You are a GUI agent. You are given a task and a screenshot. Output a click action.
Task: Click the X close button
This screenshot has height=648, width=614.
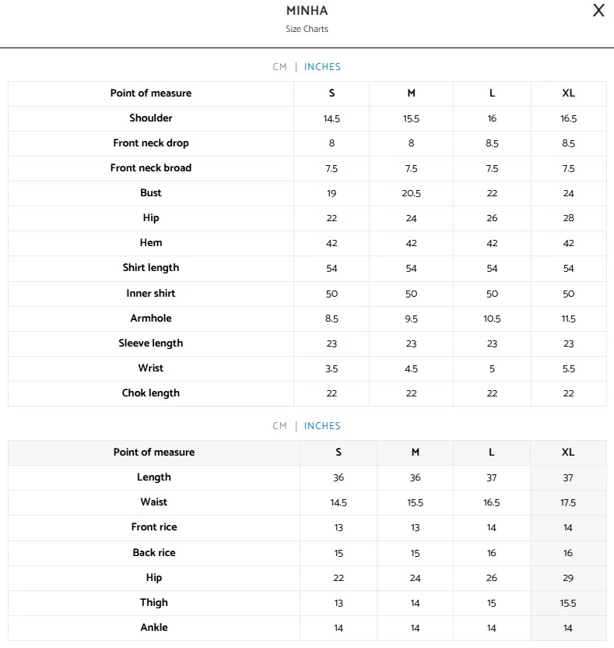tap(598, 10)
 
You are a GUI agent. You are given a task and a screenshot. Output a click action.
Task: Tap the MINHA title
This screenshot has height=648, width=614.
tap(307, 11)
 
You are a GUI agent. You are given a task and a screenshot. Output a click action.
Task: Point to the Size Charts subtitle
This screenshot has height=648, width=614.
tap(307, 29)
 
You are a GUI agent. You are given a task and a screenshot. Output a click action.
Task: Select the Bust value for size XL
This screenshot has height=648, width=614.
tap(568, 193)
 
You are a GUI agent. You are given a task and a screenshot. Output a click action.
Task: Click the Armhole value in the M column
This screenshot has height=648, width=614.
tap(411, 319)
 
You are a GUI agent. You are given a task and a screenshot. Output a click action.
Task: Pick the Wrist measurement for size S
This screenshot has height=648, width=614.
tap(332, 368)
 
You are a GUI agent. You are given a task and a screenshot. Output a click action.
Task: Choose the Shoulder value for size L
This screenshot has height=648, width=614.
tap(492, 118)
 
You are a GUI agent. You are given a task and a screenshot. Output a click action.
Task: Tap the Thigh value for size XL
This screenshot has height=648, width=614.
tap(568, 603)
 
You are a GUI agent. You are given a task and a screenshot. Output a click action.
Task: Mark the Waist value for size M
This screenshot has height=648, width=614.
tap(415, 503)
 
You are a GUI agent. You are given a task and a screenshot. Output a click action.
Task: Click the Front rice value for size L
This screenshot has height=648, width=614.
tap(492, 528)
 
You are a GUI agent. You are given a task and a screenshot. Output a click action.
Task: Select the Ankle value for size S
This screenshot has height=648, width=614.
tap(339, 628)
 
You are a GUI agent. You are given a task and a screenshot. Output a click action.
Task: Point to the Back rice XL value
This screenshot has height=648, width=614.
tap(568, 553)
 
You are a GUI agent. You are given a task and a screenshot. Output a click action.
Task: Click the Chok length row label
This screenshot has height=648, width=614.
tap(151, 393)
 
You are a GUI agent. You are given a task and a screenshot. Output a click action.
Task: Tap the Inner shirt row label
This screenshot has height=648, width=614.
tap(151, 294)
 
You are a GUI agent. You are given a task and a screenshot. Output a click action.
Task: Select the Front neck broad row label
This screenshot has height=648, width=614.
tap(151, 168)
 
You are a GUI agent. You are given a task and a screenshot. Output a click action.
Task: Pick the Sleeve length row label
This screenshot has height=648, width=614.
tap(151, 343)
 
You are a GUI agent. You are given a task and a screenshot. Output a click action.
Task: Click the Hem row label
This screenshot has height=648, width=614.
tap(151, 243)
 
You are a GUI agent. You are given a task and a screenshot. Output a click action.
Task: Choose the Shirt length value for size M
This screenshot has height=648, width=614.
tap(411, 269)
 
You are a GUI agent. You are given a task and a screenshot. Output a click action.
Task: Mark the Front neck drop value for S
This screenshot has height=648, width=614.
tap(332, 143)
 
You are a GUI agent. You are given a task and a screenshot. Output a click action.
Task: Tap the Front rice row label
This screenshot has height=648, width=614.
tap(154, 527)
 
